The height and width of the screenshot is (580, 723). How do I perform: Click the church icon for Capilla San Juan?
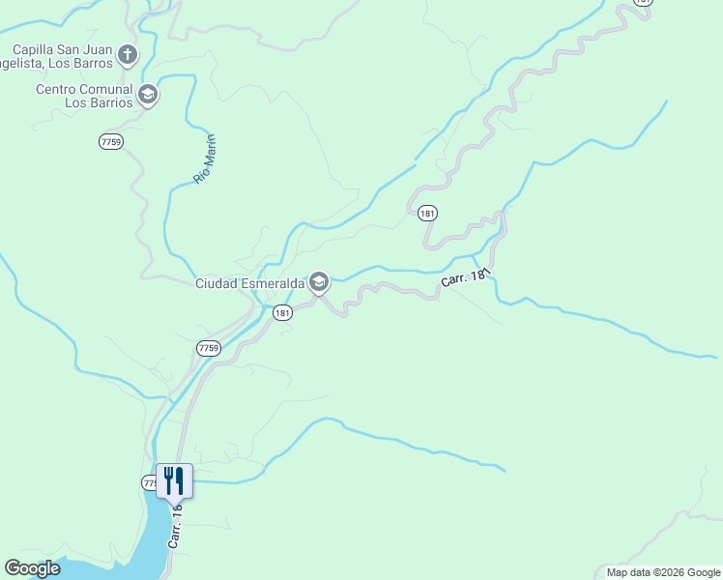pos(128,55)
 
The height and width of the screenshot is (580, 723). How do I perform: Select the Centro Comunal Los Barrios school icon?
pos(148,95)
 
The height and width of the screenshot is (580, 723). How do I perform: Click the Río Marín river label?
pos(204,159)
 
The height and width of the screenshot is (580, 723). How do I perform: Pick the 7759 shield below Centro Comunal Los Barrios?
pos(111,141)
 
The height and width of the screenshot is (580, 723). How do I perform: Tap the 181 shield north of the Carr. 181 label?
pos(427,213)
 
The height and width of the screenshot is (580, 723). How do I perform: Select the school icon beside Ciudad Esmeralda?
pos(319,282)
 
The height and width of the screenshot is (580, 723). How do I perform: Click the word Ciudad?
pos(214,283)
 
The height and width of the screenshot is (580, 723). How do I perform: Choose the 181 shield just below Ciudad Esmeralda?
pos(281,312)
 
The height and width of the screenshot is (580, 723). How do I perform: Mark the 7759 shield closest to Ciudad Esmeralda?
pos(209,347)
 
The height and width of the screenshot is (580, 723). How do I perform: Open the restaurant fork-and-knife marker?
pos(174,479)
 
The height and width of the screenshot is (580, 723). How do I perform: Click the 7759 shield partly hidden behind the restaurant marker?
pos(150,481)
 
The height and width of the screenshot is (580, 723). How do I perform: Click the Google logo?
pos(32,568)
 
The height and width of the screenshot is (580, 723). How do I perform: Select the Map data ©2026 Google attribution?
pos(663,572)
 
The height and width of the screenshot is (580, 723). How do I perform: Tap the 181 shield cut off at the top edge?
pos(644,2)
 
